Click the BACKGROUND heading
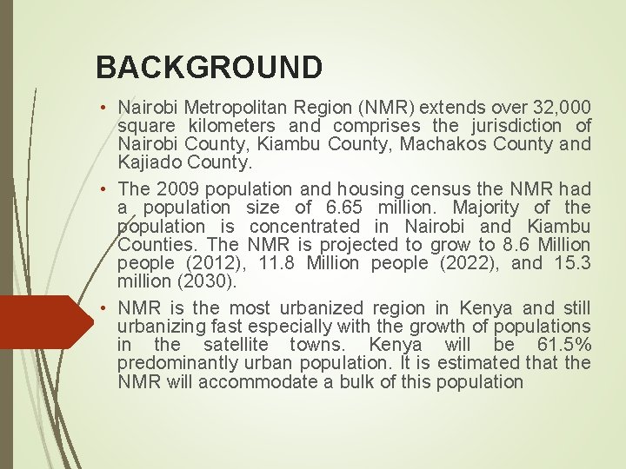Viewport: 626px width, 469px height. [x=209, y=67]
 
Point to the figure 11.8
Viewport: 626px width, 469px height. [x=276, y=263]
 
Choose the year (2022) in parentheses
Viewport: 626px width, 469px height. [x=460, y=263]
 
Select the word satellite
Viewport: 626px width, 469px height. [x=236, y=345]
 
